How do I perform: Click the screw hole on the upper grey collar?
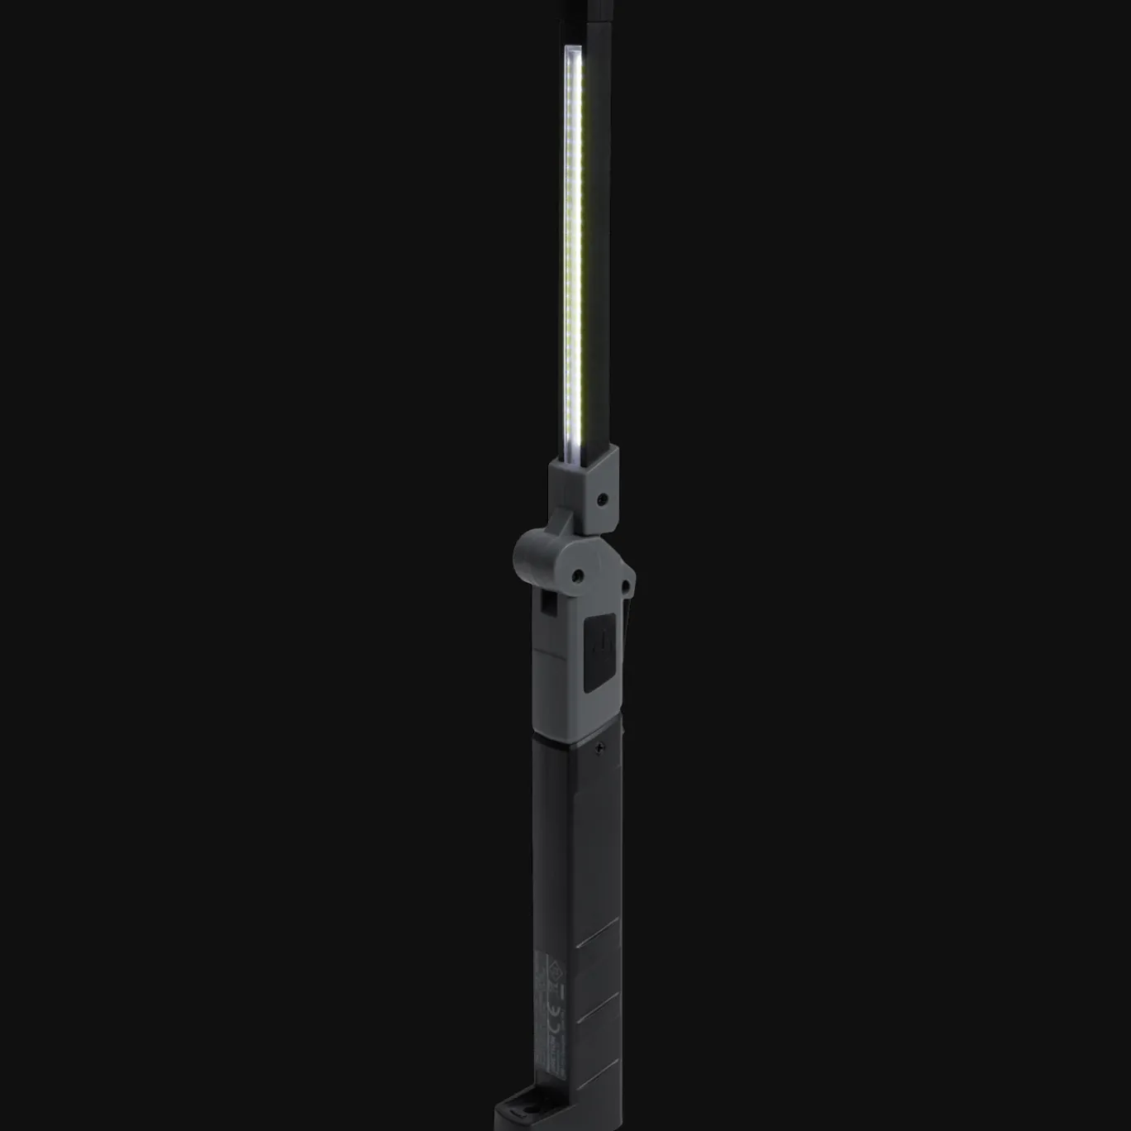point(604,499)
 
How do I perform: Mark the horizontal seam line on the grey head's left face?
point(548,652)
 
